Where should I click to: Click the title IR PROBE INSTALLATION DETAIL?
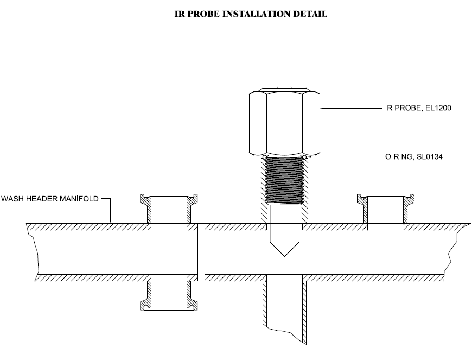point(250,15)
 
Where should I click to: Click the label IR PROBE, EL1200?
point(414,109)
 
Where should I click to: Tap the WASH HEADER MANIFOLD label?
point(49,199)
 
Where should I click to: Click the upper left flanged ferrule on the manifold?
point(169,209)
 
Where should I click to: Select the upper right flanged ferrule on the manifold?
point(385,209)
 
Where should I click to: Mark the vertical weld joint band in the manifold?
point(201,252)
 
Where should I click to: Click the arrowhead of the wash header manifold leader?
point(111,220)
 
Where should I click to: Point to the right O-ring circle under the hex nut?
point(305,157)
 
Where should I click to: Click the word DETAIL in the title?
point(310,15)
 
